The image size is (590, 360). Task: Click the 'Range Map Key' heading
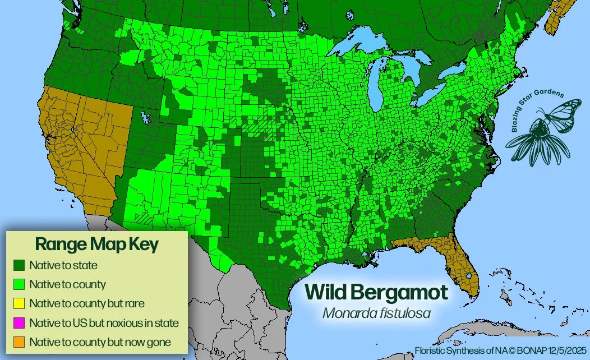[x=96, y=244]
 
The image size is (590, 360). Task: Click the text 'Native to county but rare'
[x=87, y=303]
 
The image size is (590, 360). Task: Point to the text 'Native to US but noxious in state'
[x=104, y=323]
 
